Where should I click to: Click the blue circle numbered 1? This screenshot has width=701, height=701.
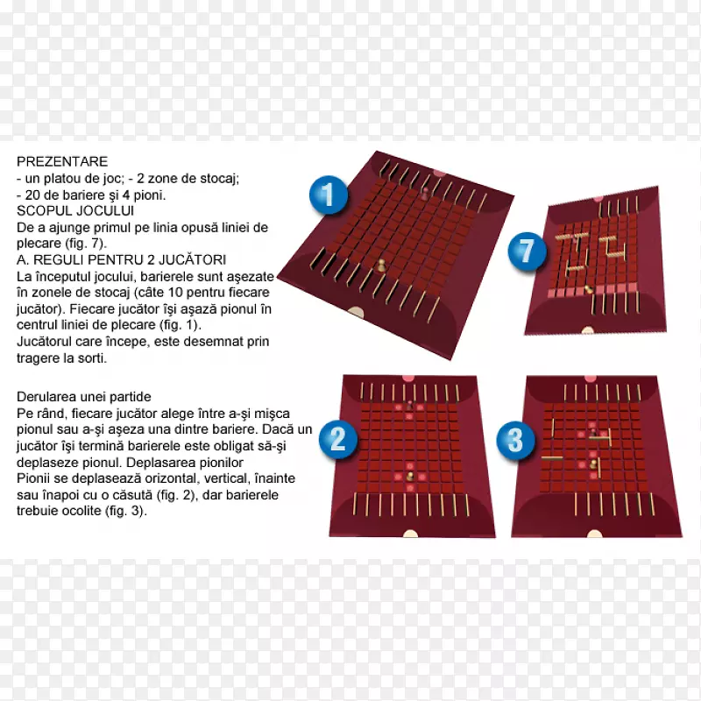coord(329,195)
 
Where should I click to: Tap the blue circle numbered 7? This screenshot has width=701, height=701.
coord(528,251)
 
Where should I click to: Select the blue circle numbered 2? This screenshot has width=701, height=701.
coord(338,439)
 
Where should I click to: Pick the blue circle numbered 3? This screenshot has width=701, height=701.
coord(515,440)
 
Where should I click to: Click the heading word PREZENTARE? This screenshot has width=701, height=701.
coord(62,161)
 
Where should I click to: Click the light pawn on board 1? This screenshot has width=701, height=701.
coord(381,266)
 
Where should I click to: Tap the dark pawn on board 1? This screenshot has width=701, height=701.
coord(425,192)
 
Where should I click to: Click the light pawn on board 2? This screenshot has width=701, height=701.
coord(409,477)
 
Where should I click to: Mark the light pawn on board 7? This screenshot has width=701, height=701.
coord(589,289)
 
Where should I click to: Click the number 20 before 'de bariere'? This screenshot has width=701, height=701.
coord(32,195)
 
